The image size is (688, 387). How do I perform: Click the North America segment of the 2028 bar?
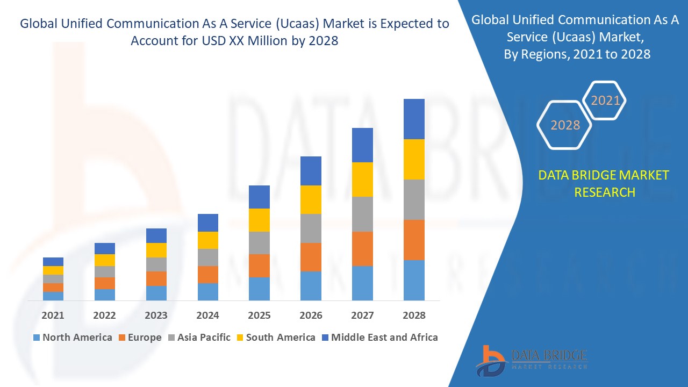click(x=414, y=280)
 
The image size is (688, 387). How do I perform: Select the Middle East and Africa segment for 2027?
click(x=362, y=145)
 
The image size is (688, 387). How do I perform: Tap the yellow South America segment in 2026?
click(x=311, y=199)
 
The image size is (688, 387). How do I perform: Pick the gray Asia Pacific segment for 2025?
click(x=259, y=243)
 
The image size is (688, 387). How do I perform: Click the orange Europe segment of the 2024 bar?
click(x=208, y=274)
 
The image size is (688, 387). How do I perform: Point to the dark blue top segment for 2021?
click(x=53, y=262)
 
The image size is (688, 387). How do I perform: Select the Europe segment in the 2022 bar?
click(x=104, y=283)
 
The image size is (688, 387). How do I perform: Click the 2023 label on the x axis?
click(x=156, y=316)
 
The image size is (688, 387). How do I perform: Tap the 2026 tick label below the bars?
click(x=311, y=316)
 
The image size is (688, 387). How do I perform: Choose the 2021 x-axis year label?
click(x=53, y=316)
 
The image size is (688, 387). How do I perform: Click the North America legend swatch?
click(x=37, y=338)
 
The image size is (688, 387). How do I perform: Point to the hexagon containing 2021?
click(x=605, y=101)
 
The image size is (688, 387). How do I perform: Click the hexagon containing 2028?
click(x=565, y=125)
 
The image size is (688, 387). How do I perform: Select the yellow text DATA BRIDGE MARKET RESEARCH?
click(x=604, y=183)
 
